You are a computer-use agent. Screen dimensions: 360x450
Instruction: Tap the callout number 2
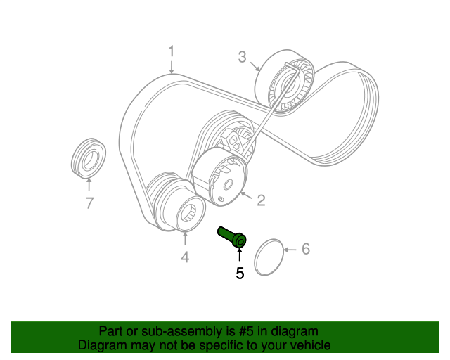[x=260, y=200]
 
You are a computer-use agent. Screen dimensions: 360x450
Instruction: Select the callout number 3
[x=242, y=57]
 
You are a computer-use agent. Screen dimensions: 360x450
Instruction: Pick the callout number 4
[x=185, y=257]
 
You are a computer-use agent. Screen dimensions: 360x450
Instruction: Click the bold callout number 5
[x=240, y=273]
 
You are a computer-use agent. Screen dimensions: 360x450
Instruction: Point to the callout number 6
[x=305, y=248]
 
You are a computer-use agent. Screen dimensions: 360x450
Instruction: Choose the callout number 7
[x=89, y=204]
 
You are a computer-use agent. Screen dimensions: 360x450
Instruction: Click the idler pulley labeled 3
[x=285, y=81]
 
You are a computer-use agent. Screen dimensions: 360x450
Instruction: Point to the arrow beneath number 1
[x=171, y=67]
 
